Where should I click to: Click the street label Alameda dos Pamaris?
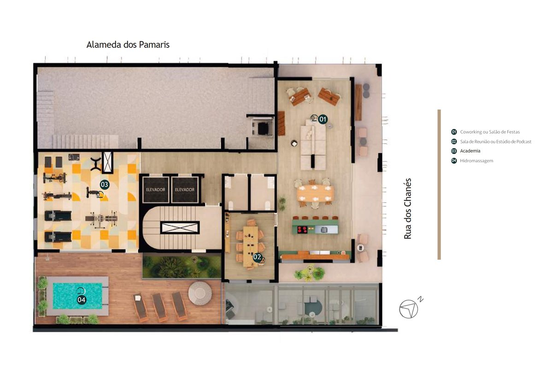click(x=128, y=45)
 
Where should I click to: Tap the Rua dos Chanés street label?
click(x=407, y=208)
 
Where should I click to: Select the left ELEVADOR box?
click(x=156, y=190)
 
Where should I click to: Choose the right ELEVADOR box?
click(x=185, y=190)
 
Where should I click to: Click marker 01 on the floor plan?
click(x=323, y=119)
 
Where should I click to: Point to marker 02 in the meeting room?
click(x=257, y=257)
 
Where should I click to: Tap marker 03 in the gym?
click(x=105, y=184)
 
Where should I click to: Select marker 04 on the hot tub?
click(x=82, y=300)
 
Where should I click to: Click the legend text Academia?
click(x=470, y=151)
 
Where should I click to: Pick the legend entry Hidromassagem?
click(x=477, y=161)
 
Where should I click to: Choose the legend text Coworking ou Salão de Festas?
click(x=490, y=132)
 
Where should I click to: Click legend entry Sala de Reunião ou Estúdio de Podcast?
click(x=496, y=142)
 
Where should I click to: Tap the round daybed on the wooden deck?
click(x=200, y=293)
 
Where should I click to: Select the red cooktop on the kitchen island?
click(x=302, y=230)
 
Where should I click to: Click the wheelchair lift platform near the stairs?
click(x=262, y=127)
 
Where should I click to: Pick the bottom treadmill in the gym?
click(x=58, y=237)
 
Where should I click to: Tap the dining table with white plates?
click(x=315, y=193)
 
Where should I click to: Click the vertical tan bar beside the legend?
click(x=439, y=184)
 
